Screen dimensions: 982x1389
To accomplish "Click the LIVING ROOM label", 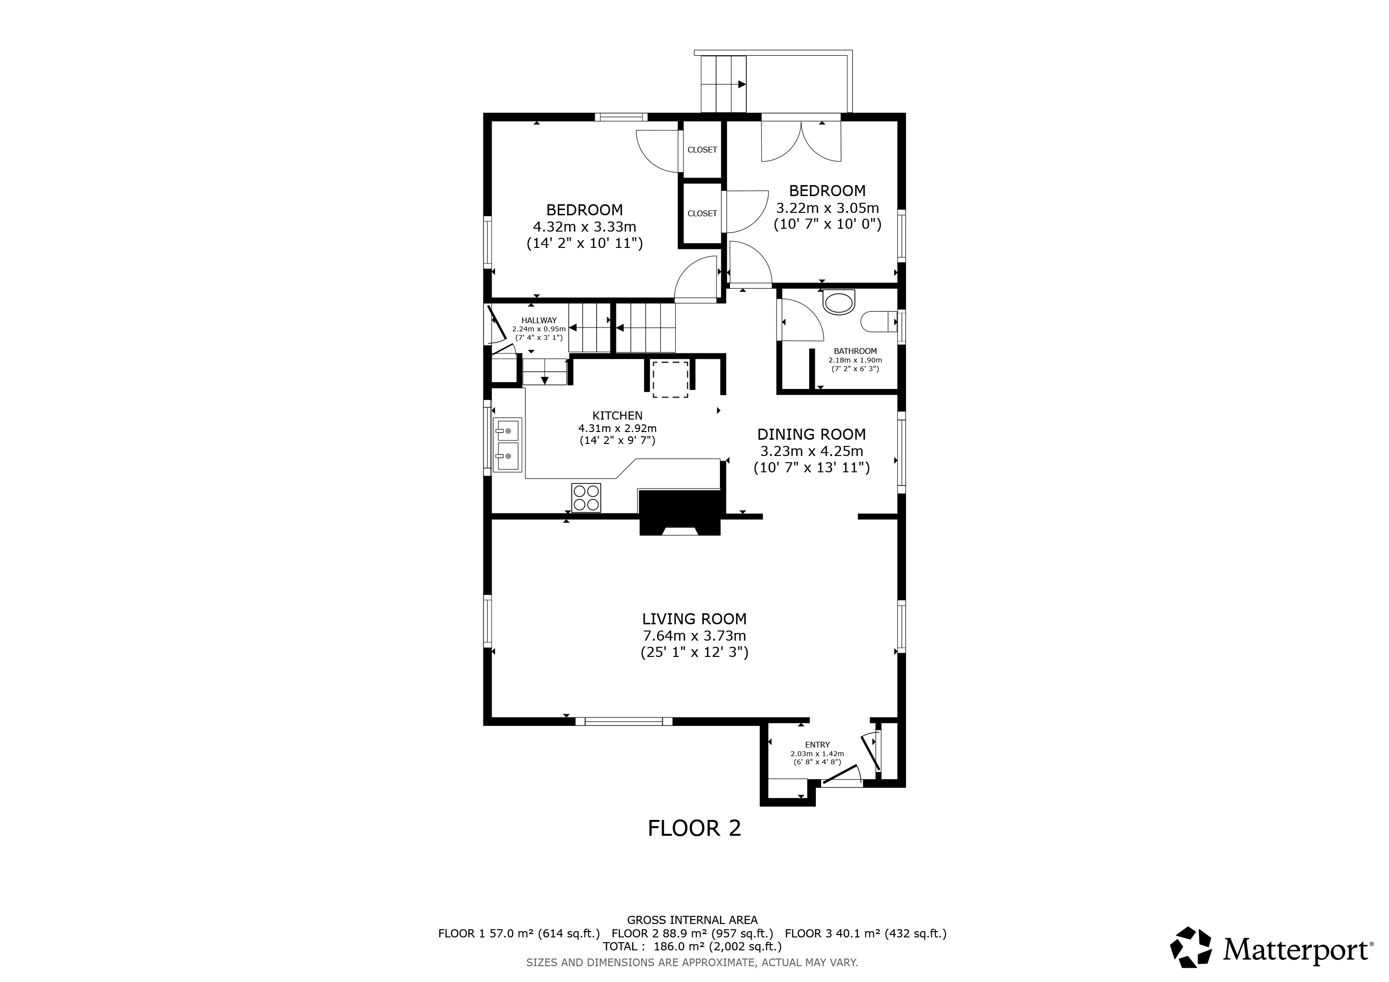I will click(694, 619).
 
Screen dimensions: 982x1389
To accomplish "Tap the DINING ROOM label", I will click(811, 434).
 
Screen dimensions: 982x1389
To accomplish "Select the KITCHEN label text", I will click(617, 415).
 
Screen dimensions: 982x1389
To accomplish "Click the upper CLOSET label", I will click(702, 150).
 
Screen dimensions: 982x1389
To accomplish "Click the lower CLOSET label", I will click(702, 213).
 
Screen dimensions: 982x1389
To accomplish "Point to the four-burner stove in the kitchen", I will click(586, 498).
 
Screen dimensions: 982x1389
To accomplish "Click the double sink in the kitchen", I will click(507, 444).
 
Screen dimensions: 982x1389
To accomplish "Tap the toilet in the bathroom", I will click(878, 322).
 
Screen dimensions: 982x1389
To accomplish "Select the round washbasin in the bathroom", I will click(839, 303).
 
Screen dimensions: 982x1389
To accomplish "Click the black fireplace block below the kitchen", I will click(681, 513).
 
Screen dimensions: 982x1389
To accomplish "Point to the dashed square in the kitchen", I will click(670, 379).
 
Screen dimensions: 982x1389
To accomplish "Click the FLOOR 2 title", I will click(694, 828).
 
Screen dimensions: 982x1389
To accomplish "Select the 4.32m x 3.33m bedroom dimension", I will click(584, 227).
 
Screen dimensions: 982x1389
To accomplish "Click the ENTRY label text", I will click(817, 745).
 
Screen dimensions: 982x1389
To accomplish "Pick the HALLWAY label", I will click(539, 320).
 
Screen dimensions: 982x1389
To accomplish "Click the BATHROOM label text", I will click(855, 351).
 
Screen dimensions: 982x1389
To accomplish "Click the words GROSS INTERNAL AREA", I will click(692, 920).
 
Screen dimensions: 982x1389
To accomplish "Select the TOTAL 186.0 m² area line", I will click(692, 947).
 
